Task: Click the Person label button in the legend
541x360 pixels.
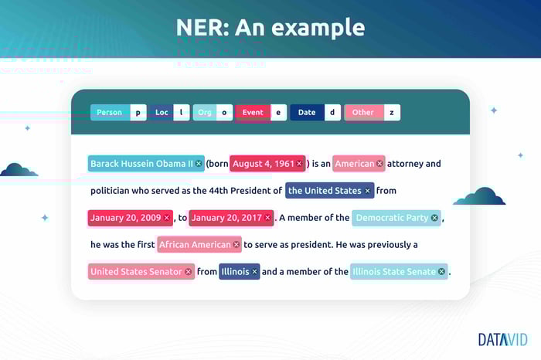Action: click(110, 113)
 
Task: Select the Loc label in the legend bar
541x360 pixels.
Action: click(161, 113)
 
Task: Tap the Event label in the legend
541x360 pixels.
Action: click(253, 113)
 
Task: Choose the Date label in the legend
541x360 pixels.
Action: click(307, 113)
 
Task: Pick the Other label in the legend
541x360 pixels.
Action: click(364, 113)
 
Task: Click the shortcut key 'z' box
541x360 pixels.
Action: click(392, 113)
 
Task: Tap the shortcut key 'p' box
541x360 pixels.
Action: click(138, 113)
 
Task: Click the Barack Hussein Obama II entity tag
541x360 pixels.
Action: click(146, 164)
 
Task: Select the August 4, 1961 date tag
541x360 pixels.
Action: click(267, 164)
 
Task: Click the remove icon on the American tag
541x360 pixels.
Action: click(379, 164)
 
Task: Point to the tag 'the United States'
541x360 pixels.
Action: click(330, 190)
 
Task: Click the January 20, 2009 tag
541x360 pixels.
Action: click(131, 218)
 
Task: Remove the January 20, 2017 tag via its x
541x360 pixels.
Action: click(267, 218)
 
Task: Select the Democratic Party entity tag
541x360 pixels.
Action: click(396, 218)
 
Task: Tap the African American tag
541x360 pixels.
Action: click(199, 244)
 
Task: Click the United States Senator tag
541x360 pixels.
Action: click(141, 272)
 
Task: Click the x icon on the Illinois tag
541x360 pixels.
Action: click(254, 272)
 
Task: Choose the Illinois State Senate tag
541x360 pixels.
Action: click(399, 272)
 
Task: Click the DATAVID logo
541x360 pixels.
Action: click(502, 340)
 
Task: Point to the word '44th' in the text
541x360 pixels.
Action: click(219, 191)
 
